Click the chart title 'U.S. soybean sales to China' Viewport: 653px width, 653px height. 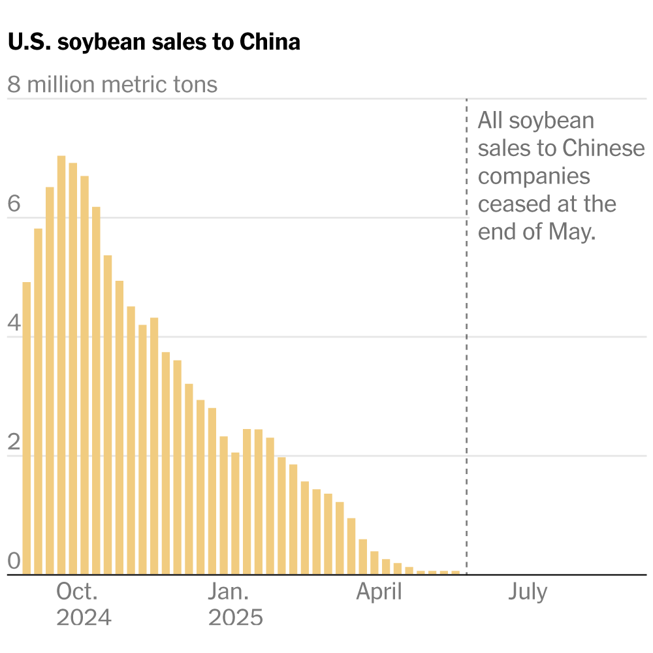click(154, 42)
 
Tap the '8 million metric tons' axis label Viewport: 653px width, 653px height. click(112, 85)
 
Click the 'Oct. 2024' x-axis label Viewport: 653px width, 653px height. click(84, 605)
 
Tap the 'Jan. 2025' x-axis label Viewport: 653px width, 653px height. click(235, 605)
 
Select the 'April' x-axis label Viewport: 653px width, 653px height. click(379, 592)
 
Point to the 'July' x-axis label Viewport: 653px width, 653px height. click(528, 592)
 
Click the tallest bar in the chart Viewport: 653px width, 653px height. click(61, 366)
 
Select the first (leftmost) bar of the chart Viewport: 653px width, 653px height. click(27, 428)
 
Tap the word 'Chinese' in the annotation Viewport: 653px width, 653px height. click(604, 149)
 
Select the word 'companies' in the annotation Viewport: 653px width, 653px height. click(534, 176)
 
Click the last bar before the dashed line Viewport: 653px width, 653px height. click(455, 573)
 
